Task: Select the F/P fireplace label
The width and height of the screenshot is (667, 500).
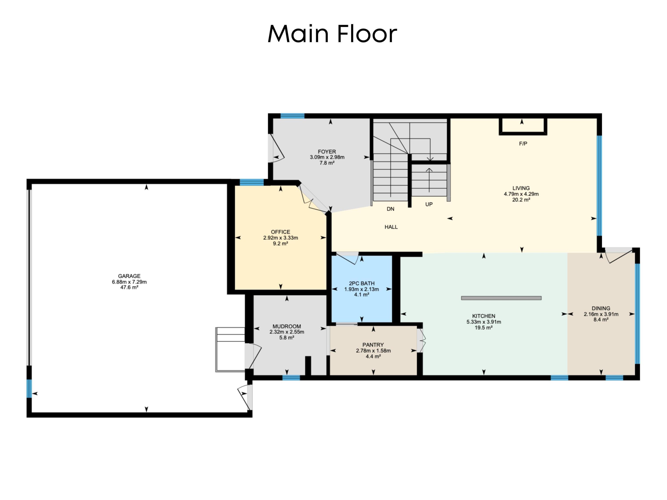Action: [523, 144]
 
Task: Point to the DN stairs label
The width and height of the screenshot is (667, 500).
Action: [390, 209]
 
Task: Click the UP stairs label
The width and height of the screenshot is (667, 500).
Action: [429, 205]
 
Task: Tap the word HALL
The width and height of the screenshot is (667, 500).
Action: [391, 227]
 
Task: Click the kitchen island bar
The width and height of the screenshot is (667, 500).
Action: [501, 298]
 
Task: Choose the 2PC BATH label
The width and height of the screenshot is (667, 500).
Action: [362, 283]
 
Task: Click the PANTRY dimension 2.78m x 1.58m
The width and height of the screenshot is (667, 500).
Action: [373, 351]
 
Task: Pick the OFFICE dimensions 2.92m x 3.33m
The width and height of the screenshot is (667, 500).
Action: [280, 238]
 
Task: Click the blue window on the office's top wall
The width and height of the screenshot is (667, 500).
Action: [251, 182]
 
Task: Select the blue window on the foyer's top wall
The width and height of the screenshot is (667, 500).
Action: [292, 116]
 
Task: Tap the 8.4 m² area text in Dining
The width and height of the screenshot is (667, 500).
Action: [601, 320]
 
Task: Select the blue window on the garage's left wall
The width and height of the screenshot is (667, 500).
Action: [29, 388]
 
